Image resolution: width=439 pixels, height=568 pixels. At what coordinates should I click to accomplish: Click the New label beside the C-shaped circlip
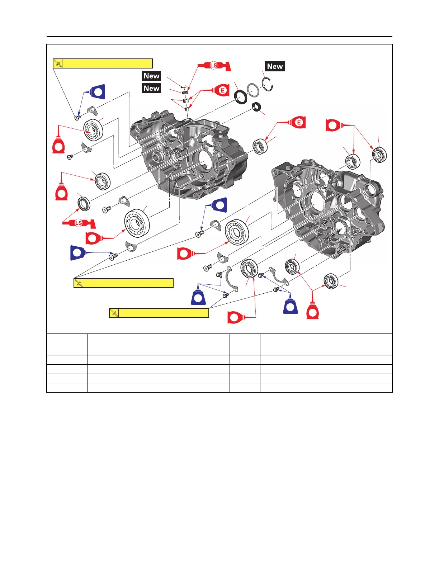coord(275,66)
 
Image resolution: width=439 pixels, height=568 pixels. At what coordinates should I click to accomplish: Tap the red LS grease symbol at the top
coord(214,66)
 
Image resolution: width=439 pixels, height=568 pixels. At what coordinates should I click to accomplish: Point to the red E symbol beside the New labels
coord(222,90)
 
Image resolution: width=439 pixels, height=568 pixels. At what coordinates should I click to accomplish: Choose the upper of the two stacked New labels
coord(151,76)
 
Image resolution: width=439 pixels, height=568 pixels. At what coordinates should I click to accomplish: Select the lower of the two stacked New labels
coord(151,88)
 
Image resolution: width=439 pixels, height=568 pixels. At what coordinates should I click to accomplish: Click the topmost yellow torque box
coord(103,63)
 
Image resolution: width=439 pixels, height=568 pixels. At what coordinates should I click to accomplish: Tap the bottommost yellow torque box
coord(159,313)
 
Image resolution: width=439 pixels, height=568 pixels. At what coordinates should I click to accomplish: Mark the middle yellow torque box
coord(123,283)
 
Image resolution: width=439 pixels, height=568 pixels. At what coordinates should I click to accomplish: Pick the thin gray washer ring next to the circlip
coord(253,90)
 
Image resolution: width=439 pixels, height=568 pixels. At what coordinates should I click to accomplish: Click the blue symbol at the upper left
coord(97,92)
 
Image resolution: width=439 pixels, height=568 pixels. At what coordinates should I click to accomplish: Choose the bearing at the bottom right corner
coord(331,281)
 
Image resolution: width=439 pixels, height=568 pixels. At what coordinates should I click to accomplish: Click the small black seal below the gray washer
coord(256,107)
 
